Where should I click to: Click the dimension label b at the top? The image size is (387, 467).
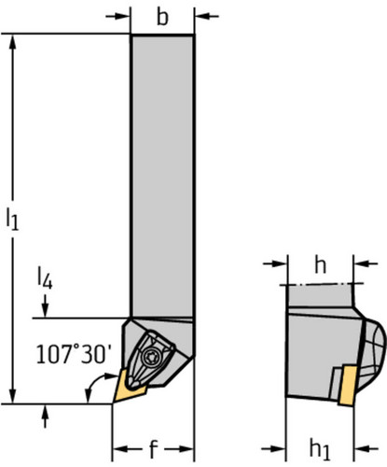click(162, 18)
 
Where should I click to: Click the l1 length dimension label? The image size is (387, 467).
click(12, 219)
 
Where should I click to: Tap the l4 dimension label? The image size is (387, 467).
click(45, 278)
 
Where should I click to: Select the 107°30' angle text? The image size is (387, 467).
click(74, 354)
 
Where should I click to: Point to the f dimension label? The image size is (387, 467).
click(153, 449)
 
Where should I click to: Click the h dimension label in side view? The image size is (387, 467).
click(320, 265)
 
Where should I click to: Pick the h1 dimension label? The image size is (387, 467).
click(320, 449)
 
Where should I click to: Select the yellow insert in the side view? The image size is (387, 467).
click(348, 386)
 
